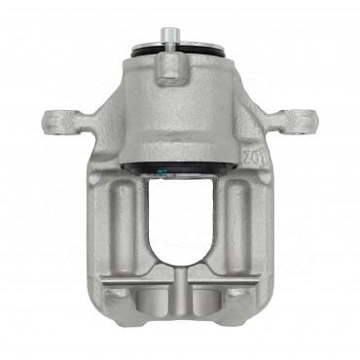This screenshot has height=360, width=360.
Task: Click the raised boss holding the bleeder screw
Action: [170, 66]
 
